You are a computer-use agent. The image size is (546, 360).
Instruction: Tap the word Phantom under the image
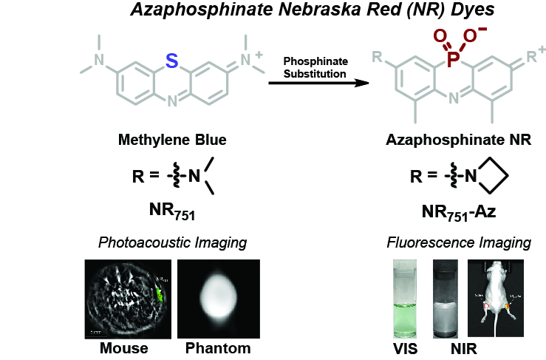coord(219,347)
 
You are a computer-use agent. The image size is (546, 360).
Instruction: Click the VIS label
coord(403,347)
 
